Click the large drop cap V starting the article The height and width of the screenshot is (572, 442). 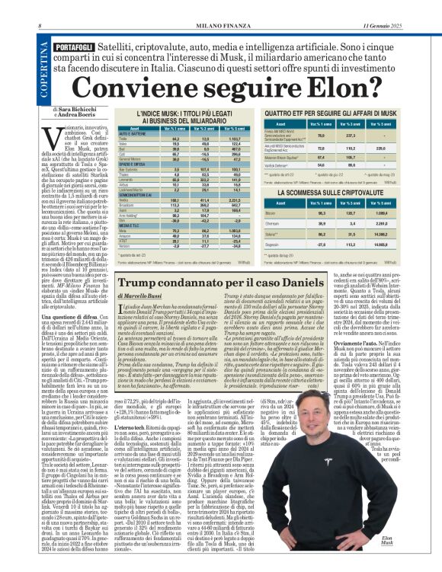click(57, 141)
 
